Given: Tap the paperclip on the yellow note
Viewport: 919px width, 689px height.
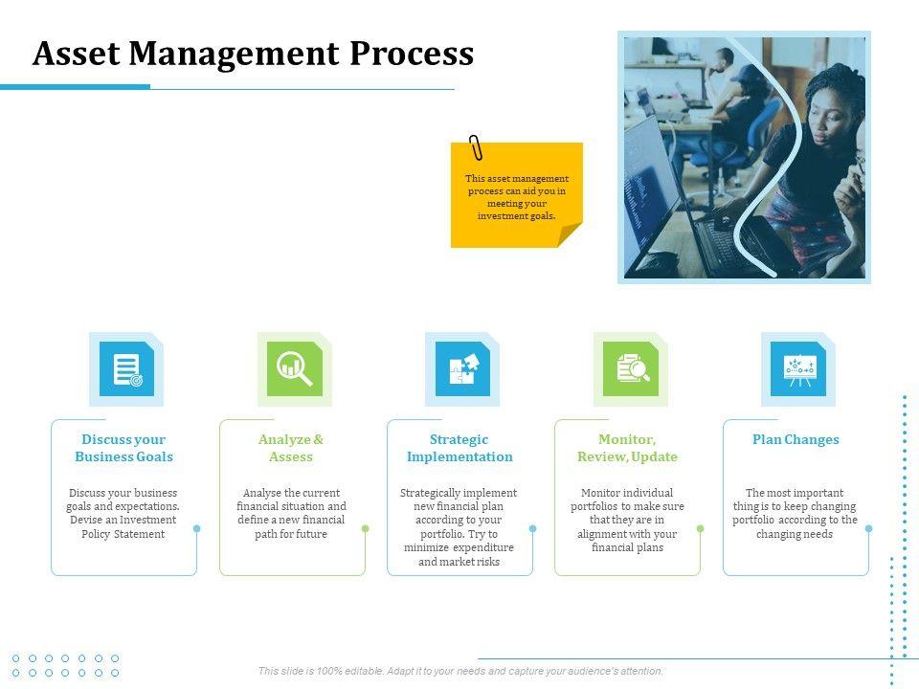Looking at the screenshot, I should [x=476, y=148].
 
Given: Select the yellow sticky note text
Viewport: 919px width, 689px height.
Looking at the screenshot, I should [x=517, y=197].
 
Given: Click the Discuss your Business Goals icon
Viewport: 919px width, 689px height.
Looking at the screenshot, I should [x=126, y=368].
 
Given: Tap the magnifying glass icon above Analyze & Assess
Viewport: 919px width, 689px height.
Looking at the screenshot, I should [x=294, y=368].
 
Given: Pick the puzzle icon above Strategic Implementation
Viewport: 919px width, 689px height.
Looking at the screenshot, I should [x=462, y=368].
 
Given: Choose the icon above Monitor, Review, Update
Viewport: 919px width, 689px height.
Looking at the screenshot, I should [x=631, y=368].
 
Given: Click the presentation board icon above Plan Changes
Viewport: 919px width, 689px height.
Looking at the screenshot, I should [x=798, y=368].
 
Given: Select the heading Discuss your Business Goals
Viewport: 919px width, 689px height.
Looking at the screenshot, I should [x=124, y=448].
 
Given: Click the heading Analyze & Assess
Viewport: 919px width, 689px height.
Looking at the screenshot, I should [x=291, y=448].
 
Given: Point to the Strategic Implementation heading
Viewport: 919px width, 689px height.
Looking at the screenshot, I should [x=459, y=448].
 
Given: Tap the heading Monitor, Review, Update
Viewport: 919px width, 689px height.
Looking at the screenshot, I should [x=627, y=448].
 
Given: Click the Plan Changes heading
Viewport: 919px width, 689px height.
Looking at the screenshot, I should [x=796, y=440].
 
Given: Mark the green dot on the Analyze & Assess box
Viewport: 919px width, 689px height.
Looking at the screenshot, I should [x=365, y=528].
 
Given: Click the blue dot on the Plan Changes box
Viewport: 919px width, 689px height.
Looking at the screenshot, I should [x=868, y=528].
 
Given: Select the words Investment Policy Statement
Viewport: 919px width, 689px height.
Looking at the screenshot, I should [x=123, y=526].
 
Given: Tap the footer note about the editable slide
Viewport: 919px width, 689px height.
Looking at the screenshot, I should [x=460, y=671].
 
